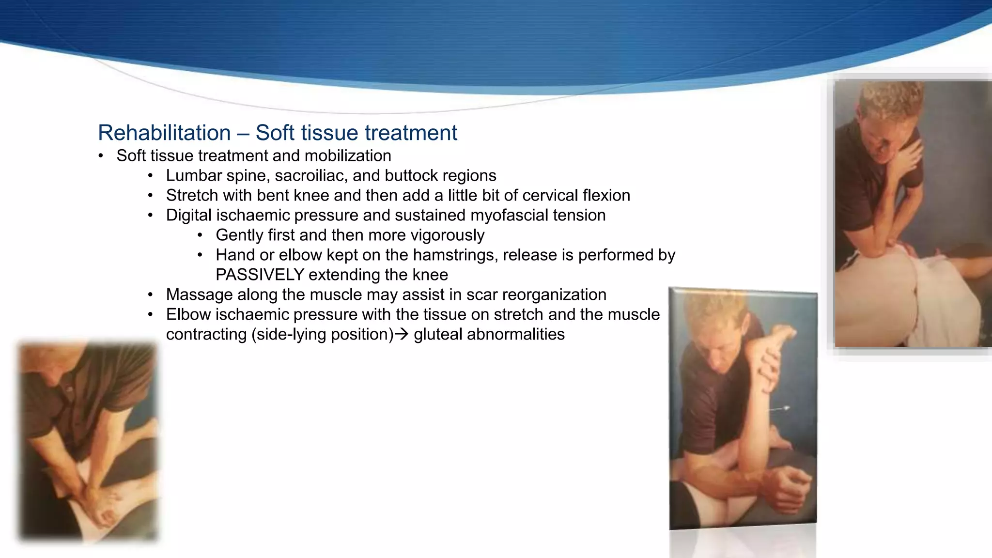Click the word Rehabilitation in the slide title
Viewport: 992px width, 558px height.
164,133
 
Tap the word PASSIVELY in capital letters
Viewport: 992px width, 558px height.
260,275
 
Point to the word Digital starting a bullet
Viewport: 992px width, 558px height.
188,215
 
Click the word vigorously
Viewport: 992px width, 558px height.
447,235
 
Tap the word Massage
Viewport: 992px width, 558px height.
198,294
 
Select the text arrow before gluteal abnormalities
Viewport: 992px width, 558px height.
402,334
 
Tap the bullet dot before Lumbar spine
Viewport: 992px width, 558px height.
151,176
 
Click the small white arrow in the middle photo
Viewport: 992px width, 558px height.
779,409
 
